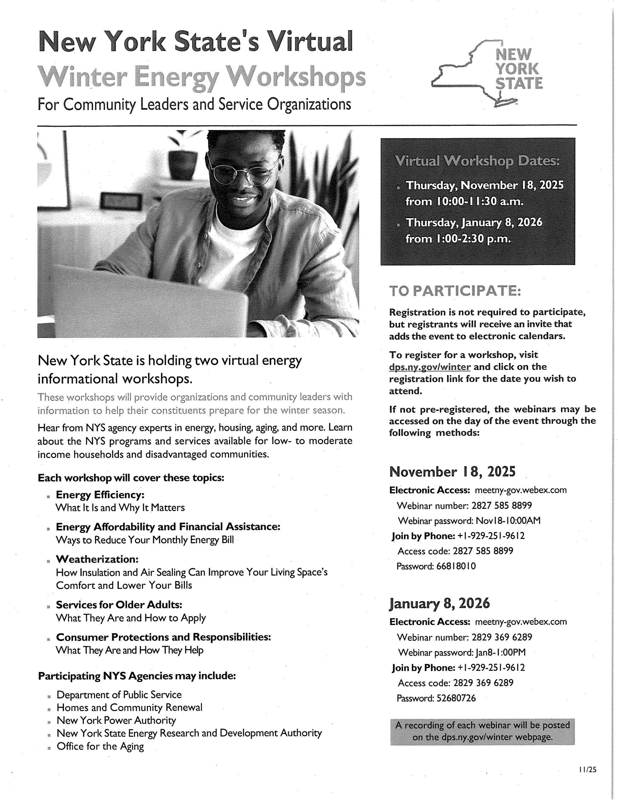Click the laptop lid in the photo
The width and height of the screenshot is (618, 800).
(147, 300)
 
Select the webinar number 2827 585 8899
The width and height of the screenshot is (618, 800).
(501, 506)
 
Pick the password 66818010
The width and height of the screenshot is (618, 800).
(456, 566)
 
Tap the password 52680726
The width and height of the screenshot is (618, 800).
(456, 698)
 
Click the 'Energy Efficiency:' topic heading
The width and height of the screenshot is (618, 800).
(100, 495)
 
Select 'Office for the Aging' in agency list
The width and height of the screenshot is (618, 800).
(100, 747)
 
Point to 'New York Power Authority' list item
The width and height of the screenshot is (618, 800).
(116, 721)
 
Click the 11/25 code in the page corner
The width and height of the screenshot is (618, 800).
(588, 770)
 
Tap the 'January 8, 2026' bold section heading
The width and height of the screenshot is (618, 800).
(439, 603)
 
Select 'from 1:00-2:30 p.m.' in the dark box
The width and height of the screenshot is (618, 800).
(458, 239)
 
